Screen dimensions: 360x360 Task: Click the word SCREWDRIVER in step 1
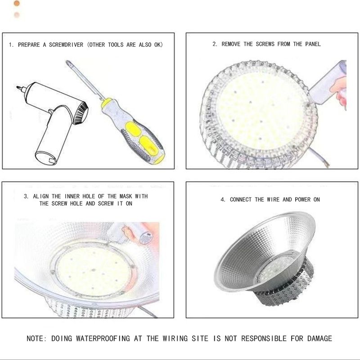(x=66, y=45)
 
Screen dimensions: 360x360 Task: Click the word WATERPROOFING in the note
(x=103, y=338)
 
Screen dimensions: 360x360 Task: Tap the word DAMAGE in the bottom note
(x=319, y=338)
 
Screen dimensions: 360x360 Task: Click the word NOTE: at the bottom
(x=36, y=338)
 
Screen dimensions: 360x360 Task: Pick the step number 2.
(x=215, y=44)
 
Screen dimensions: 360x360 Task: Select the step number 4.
(x=223, y=199)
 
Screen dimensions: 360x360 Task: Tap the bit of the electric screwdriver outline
(x=19, y=88)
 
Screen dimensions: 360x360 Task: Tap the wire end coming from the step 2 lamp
(x=325, y=163)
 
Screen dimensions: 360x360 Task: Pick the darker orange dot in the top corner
(x=17, y=3)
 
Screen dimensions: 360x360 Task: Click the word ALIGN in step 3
(x=40, y=196)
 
